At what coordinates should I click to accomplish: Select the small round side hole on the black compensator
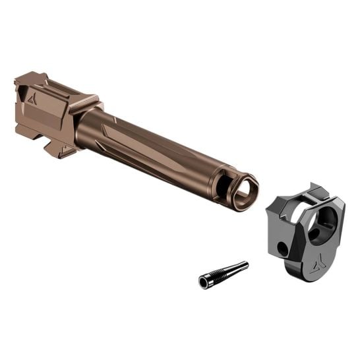[x=282, y=249]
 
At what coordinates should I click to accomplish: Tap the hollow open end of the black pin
[x=203, y=282]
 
